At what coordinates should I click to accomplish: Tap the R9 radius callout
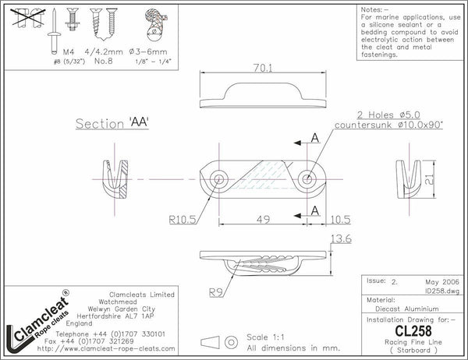(217, 293)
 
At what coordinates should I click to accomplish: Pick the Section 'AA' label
(112, 124)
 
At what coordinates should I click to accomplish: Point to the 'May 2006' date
(443, 281)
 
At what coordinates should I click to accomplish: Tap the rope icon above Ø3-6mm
(156, 24)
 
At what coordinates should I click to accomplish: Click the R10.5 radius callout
(183, 221)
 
